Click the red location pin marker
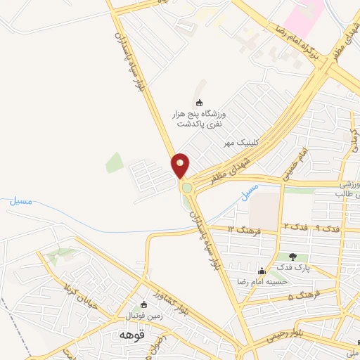(181, 166)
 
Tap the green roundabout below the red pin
(186, 188)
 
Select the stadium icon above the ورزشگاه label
(199, 103)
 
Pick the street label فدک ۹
(327, 228)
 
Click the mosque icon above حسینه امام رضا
(262, 271)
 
